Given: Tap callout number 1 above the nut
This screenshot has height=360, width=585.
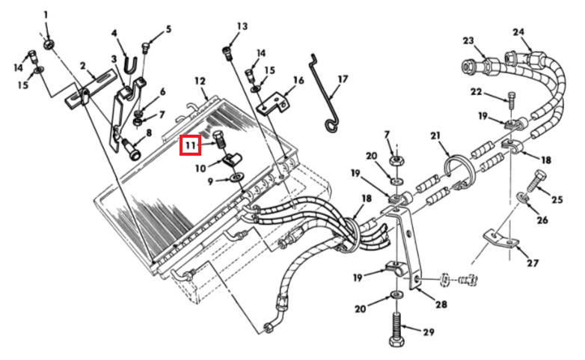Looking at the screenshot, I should tap(45, 14).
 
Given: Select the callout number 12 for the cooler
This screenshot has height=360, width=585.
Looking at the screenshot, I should tap(200, 80).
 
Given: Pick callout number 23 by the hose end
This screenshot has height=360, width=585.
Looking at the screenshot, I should tap(468, 40).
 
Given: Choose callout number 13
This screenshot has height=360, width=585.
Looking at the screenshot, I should tap(242, 27).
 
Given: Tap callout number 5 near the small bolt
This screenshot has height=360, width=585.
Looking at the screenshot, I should tap(168, 29).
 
